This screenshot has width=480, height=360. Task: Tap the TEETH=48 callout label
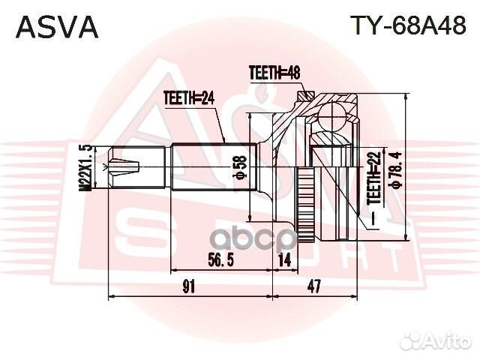274,73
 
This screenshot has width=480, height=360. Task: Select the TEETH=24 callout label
189,96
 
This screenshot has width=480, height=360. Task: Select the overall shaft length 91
189,286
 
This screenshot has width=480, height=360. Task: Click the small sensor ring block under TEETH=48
306,95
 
